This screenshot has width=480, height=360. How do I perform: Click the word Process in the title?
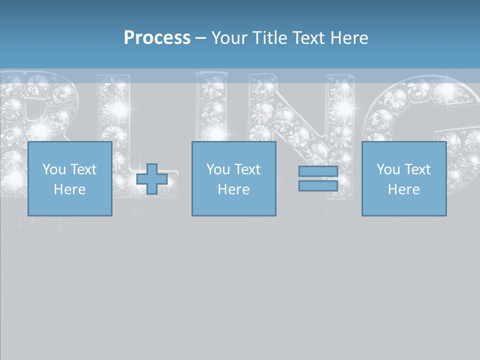coord(157,38)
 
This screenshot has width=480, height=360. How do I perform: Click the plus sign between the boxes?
coord(152,178)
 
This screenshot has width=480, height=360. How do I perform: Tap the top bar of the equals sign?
coord(318,171)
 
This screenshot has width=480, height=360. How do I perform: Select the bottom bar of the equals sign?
coord(318,185)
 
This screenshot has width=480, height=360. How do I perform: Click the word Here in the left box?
coord(69,189)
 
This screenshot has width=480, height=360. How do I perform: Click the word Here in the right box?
coord(403,189)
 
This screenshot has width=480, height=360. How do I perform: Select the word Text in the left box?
coord(83,169)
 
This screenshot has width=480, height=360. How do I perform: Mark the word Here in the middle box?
coord(233,189)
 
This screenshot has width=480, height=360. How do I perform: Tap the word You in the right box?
coord(388,169)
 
